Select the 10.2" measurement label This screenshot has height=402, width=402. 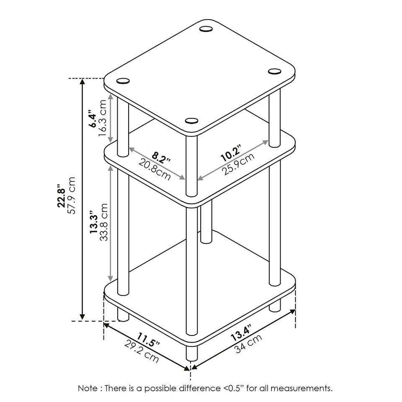tap(232, 153)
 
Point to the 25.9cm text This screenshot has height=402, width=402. tap(238, 165)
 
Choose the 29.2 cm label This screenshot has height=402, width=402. tap(142, 351)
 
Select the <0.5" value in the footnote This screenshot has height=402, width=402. tap(233, 388)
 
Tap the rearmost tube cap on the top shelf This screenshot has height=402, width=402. tap(206, 29)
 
